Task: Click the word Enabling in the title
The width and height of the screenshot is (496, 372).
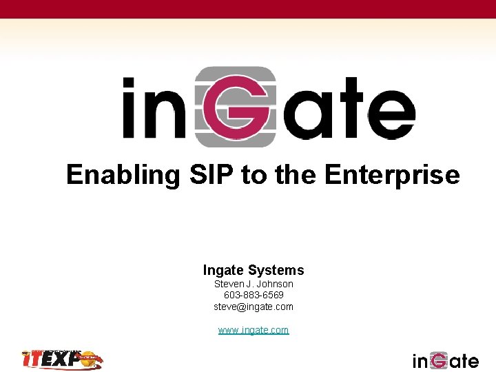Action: pos(122,175)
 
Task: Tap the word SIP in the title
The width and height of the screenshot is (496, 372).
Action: pos(210,175)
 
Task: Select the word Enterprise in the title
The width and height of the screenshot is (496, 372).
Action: pos(392,175)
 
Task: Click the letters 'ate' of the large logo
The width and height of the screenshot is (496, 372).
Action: pos(349,109)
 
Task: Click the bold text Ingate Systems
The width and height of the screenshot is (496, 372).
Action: pos(253,270)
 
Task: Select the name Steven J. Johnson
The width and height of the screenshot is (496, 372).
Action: pos(253,284)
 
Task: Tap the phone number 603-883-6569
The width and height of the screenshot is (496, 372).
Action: pos(253,295)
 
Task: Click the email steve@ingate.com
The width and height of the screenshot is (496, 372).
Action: pos(253,307)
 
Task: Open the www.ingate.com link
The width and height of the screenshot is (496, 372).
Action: pos(253,330)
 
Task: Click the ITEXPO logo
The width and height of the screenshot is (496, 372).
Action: pos(62,359)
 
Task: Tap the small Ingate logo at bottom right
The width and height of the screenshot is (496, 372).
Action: pos(445,361)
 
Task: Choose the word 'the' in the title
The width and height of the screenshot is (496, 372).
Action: pos(296,175)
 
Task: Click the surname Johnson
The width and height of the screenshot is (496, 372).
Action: pos(275,284)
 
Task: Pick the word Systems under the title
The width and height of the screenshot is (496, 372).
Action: pos(276,270)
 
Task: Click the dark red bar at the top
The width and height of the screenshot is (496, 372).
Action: pos(248,9)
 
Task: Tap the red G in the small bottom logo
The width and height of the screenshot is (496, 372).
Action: pos(439,361)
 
